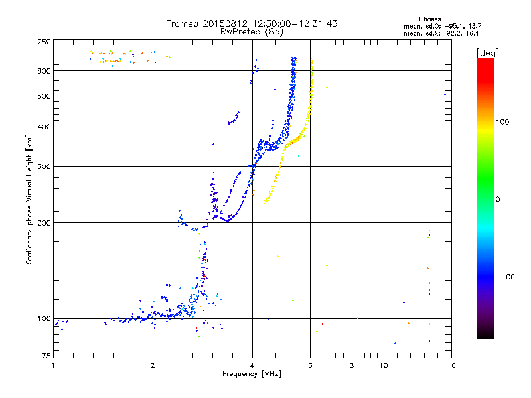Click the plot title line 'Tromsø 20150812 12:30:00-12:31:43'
(252, 23)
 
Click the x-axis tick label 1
(53, 365)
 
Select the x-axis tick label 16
(450, 365)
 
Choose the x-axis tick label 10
(384, 365)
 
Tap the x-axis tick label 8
(352, 365)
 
